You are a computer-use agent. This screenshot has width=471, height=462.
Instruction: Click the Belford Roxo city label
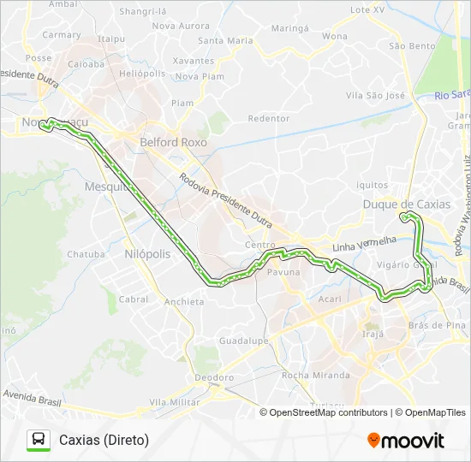click(173, 143)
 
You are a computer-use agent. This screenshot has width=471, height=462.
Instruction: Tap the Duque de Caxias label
click(406, 204)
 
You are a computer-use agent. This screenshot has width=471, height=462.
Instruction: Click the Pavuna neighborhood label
click(283, 272)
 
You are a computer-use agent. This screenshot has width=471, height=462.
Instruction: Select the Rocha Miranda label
click(315, 376)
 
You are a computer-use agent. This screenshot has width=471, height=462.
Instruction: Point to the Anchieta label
click(184, 302)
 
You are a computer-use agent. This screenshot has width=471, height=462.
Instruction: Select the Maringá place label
click(289, 28)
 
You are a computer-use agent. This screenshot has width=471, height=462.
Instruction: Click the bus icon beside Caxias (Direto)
click(39, 440)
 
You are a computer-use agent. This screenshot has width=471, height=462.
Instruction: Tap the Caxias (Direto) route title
click(104, 440)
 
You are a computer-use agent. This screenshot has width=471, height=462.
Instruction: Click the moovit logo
click(406, 441)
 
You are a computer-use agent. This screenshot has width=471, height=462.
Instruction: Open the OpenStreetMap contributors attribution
click(328, 412)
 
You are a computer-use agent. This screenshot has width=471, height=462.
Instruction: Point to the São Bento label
click(412, 46)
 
